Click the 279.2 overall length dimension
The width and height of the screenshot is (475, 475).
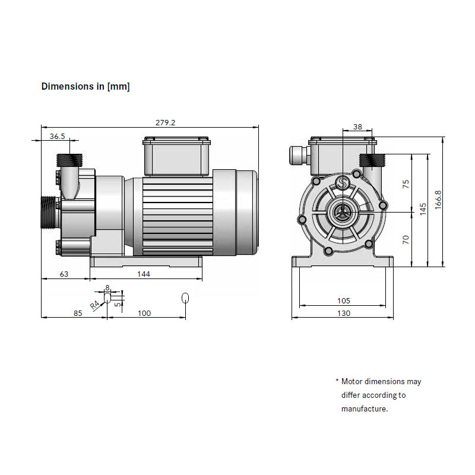coord(166,122)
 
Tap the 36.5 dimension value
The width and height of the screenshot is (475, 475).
coord(58,136)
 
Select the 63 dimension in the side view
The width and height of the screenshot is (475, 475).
coord(65,274)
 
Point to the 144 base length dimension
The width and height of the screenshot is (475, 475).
coord(144,274)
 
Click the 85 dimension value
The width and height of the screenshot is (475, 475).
coord(77,313)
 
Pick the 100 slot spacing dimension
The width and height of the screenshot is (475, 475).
coord(144,313)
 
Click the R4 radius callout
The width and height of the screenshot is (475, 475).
coord(95,305)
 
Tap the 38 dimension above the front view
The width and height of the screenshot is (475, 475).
coord(357,126)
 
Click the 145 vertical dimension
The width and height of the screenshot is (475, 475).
coord(423,209)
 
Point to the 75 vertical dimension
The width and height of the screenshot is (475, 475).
coord(406,183)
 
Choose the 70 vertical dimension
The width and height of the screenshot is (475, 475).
coord(406,239)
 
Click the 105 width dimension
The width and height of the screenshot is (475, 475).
coord(343,300)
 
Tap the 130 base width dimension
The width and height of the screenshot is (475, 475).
coord(343,313)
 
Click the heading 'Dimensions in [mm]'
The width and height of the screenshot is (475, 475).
coord(85,87)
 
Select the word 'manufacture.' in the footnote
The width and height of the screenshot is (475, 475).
coord(364,408)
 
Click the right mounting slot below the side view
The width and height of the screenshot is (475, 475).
coord(185,297)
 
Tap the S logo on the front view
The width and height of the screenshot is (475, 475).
coord(341,183)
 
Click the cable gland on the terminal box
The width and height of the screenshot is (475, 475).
coord(297,156)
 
